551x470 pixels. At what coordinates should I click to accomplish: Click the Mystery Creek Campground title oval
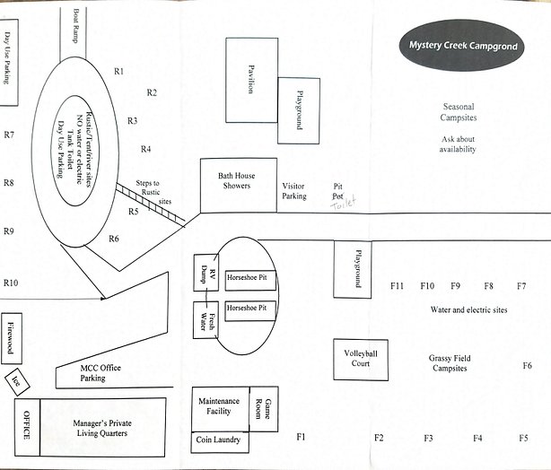click(x=461, y=46)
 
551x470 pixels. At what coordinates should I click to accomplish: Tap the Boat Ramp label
click(x=75, y=26)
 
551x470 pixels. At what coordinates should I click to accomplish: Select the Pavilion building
click(x=251, y=80)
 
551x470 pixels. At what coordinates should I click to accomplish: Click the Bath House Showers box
click(x=239, y=185)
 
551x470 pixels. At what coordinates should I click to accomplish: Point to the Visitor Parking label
click(x=294, y=191)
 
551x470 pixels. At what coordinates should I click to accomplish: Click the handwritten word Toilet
click(x=344, y=203)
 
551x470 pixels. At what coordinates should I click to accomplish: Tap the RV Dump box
click(x=206, y=273)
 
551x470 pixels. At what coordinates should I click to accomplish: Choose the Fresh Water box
click(x=206, y=320)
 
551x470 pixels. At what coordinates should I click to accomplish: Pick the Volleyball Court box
click(x=361, y=360)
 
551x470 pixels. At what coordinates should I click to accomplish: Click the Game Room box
click(x=264, y=409)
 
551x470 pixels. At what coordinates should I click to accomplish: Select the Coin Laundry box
click(x=220, y=442)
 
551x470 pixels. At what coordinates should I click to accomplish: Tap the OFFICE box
click(x=27, y=427)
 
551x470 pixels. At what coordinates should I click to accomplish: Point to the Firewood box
click(x=12, y=338)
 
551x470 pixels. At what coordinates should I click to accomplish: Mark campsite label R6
click(x=113, y=239)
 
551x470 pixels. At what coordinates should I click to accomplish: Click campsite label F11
click(x=397, y=285)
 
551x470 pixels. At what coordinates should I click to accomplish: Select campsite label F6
click(x=527, y=366)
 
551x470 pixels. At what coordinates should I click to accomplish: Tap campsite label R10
click(x=11, y=283)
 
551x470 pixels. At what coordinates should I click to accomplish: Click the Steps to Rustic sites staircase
click(x=151, y=204)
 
